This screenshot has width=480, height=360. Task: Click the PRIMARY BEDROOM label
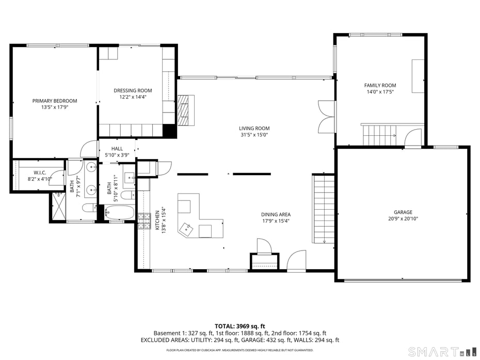click(x=55, y=101)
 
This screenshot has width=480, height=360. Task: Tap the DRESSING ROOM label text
click(x=133, y=90)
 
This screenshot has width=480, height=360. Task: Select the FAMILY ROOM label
click(x=380, y=85)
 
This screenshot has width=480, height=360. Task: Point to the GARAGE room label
click(x=403, y=212)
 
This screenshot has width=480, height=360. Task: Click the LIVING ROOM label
click(x=254, y=129)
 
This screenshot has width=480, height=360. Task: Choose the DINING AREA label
click(x=276, y=214)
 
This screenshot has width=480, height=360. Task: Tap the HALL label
click(x=117, y=149)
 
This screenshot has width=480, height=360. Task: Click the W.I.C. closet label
click(x=40, y=173)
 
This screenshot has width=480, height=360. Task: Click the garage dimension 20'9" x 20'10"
click(x=403, y=218)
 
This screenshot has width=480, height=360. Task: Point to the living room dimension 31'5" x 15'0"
click(x=254, y=135)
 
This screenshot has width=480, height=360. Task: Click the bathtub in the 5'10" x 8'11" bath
click(x=120, y=212)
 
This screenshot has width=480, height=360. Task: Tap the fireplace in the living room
click(x=185, y=110)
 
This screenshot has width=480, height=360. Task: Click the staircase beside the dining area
click(x=324, y=209)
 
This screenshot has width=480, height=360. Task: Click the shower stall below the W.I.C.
click(x=58, y=207)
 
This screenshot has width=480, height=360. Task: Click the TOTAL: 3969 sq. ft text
click(x=239, y=326)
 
